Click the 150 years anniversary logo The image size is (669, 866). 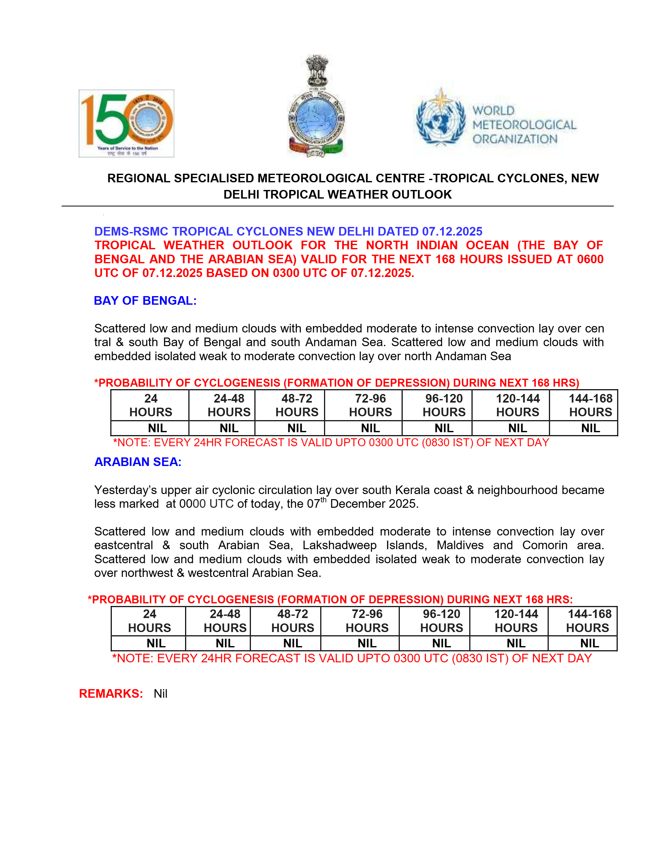pos(126,123)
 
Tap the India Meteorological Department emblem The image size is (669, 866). pos(316,106)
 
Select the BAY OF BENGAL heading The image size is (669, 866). pos(145,301)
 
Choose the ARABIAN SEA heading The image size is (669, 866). pos(138,462)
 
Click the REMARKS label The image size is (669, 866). pos(111,693)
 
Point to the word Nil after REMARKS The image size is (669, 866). pos(161,694)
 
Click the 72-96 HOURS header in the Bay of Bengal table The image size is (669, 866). pos(370,405)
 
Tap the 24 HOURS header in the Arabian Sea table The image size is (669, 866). pos(149,621)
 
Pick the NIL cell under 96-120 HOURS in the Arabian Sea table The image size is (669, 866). pos(442,643)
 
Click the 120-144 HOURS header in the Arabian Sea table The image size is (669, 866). pos(516,621)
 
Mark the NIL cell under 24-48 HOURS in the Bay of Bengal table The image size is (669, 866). pos(229,428)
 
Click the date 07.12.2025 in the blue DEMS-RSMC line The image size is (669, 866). pos(452,231)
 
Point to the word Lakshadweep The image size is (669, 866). pos(339,545)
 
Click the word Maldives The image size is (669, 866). pos(460,545)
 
